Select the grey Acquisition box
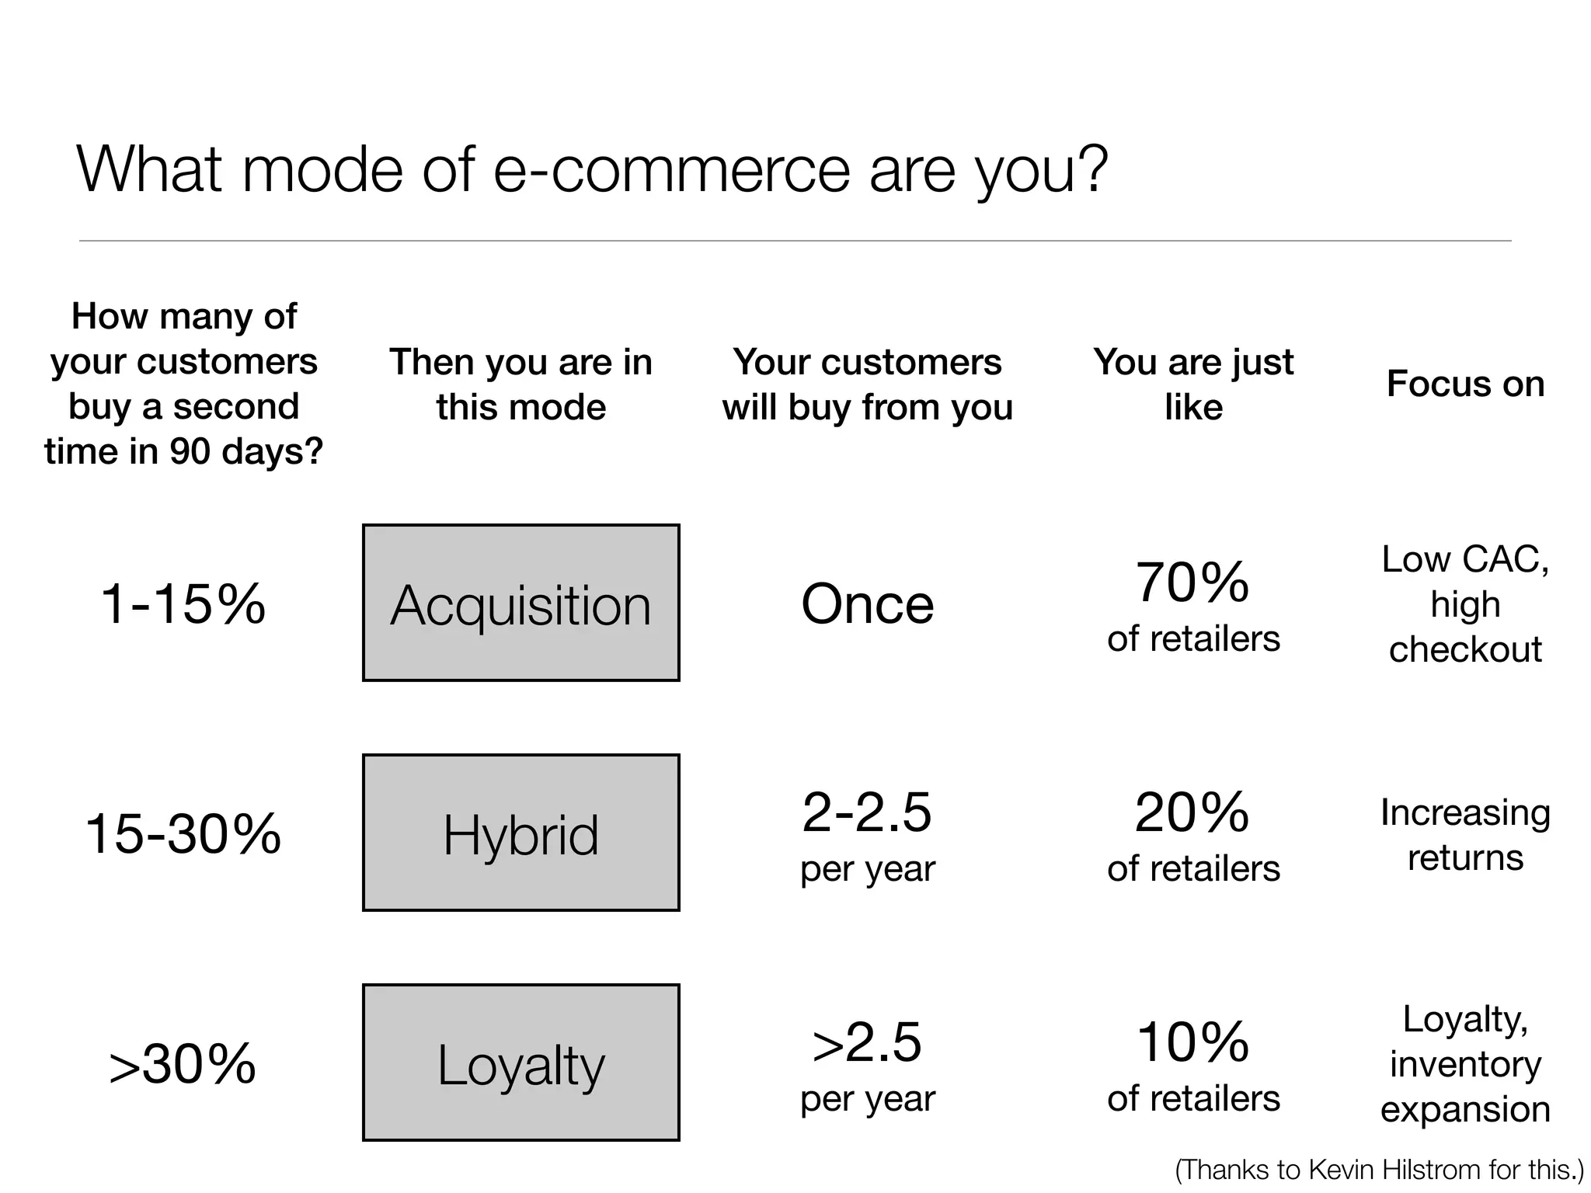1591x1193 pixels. (520, 603)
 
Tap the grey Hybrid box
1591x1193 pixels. (520, 833)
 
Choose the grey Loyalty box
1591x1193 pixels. (520, 1063)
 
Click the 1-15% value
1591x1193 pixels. (183, 603)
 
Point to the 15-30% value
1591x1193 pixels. (183, 833)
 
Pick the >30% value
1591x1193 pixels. (183, 1063)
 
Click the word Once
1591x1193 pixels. (867, 603)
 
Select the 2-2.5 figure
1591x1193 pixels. (867, 812)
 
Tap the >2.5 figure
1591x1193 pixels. (867, 1042)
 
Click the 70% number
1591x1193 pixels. (1192, 582)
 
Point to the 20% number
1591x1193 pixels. (1192, 812)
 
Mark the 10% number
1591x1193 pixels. (1192, 1042)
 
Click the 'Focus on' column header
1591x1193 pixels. (1465, 384)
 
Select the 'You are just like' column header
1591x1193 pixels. (1193, 384)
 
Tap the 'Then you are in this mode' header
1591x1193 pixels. (520, 384)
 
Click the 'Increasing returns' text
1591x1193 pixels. (1465, 835)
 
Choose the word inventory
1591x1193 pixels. (1465, 1064)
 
